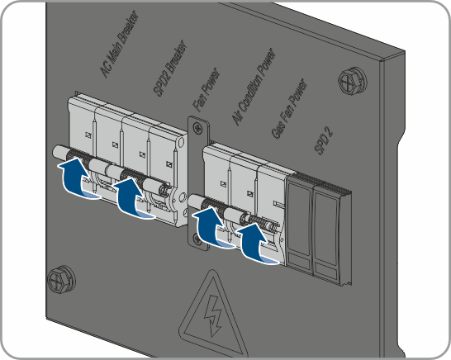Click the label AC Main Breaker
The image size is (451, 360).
pos(119,45)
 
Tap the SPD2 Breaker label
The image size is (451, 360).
pos(169,69)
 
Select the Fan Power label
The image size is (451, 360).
pos(207,90)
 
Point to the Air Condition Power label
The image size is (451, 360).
pos(254,87)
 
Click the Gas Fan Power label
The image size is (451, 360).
pos(289,108)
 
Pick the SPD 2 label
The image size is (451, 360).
pos(324,140)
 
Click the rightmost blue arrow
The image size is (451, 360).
pos(257,244)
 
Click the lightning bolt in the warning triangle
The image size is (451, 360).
pos(213,315)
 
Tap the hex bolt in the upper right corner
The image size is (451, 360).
pos(353,80)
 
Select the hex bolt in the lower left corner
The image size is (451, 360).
pos(61,279)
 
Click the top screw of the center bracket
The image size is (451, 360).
pos(198,127)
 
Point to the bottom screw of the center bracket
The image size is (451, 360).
pos(196,238)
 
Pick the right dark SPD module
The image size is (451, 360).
pos(327,235)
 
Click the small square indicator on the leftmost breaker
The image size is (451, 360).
pos(88,135)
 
